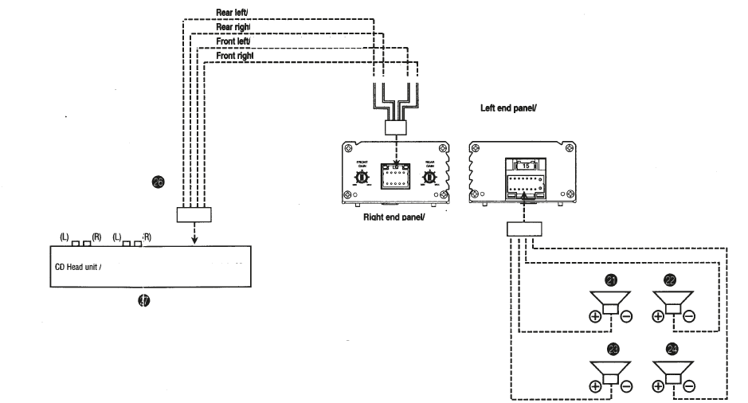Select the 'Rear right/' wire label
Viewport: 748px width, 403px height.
tap(234, 27)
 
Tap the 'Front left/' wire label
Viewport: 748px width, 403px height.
tap(234, 41)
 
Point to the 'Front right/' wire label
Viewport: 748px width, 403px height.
tap(235, 56)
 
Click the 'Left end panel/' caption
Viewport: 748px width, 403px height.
tap(507, 108)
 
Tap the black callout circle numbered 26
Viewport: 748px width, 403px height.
tap(158, 182)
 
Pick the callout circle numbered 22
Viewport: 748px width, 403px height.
tap(672, 280)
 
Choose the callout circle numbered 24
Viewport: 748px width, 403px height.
tap(672, 349)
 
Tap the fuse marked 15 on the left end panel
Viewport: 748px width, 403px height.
tap(523, 165)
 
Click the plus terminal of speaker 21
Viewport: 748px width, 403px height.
tap(595, 316)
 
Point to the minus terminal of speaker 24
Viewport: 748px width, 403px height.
tap(688, 385)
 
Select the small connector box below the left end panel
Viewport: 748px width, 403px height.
tap(523, 229)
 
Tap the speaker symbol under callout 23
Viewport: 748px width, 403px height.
tap(610, 371)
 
